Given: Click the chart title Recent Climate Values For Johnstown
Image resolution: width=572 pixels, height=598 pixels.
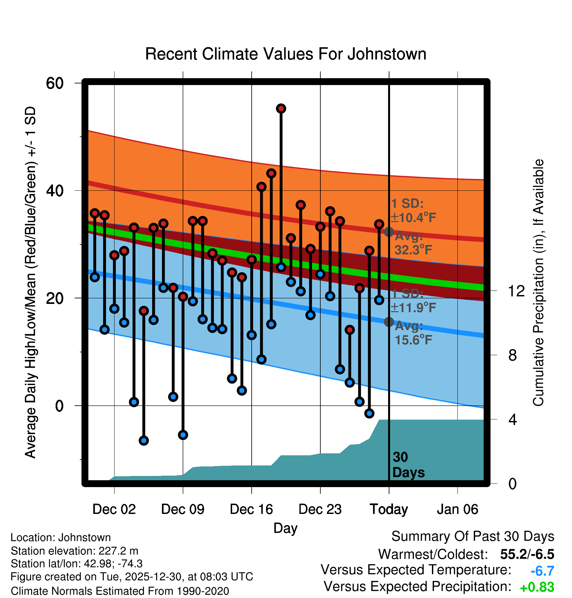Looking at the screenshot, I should (x=286, y=54).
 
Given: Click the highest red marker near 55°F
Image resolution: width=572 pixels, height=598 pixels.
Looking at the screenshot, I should (x=281, y=109).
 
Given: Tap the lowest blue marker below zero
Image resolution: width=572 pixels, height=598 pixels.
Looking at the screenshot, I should (x=144, y=441).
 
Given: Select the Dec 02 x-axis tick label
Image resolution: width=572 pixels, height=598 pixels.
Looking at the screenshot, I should (x=114, y=509).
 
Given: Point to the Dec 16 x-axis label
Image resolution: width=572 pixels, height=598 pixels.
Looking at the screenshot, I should (x=251, y=509).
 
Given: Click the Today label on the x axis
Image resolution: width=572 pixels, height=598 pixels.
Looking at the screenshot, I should (x=389, y=509).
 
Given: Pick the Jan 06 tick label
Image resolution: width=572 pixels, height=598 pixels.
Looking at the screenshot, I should (x=457, y=509).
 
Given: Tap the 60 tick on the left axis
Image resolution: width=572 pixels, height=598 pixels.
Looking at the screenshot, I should (x=55, y=83).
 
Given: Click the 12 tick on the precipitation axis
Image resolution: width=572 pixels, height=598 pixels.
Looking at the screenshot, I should (x=516, y=291).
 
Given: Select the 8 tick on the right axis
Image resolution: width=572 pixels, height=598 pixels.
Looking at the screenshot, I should (x=512, y=355).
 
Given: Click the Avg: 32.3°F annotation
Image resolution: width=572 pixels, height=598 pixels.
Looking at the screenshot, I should (x=413, y=243).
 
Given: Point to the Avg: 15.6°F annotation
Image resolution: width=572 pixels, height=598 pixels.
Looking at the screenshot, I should (x=413, y=333).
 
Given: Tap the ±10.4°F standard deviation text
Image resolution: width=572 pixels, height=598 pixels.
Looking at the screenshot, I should (x=413, y=217).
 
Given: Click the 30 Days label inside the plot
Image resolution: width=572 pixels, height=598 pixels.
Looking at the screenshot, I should (x=408, y=465).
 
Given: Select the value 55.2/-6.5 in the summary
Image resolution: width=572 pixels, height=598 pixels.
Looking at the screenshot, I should (x=527, y=554).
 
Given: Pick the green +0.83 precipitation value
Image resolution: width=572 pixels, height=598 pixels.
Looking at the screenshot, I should (x=537, y=587).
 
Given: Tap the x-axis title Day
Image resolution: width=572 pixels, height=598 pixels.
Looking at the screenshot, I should (x=285, y=528).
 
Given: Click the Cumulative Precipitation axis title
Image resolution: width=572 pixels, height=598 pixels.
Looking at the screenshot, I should (x=538, y=283).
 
